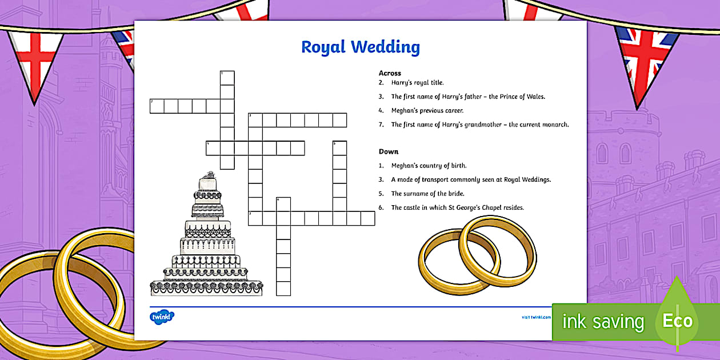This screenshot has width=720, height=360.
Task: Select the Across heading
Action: point(390,73)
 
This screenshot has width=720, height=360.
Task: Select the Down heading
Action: point(389,151)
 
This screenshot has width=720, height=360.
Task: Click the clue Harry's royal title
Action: point(417,83)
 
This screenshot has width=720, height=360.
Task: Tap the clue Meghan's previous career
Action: point(427,111)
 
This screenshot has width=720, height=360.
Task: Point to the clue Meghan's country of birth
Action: point(429,166)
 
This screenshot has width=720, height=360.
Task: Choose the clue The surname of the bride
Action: point(427,194)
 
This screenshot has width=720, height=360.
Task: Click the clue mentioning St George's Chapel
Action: point(457,207)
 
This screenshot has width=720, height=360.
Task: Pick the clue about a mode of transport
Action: point(471,179)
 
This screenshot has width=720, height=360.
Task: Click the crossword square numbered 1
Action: point(227,78)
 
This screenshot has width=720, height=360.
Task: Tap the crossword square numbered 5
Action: point(339,148)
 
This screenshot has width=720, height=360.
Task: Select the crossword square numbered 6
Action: point(283,204)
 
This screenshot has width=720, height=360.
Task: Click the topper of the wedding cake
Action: point(209,174)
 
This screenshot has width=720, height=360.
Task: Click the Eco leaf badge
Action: point(677,321)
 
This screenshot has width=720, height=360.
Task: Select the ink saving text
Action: point(603,322)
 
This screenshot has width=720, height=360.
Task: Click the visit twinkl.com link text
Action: point(535,317)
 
